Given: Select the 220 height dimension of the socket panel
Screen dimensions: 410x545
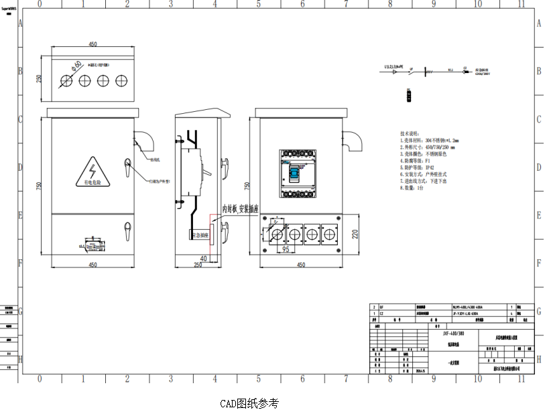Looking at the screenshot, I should (355, 234).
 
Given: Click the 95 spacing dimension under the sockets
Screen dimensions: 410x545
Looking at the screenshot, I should (284, 249).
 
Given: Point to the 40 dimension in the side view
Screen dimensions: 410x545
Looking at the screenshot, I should (202, 258).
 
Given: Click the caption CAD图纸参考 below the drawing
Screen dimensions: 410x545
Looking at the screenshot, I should (249, 403).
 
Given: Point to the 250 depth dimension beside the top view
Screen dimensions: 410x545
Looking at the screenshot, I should (40, 78).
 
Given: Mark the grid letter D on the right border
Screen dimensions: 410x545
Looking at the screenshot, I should (538, 167).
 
